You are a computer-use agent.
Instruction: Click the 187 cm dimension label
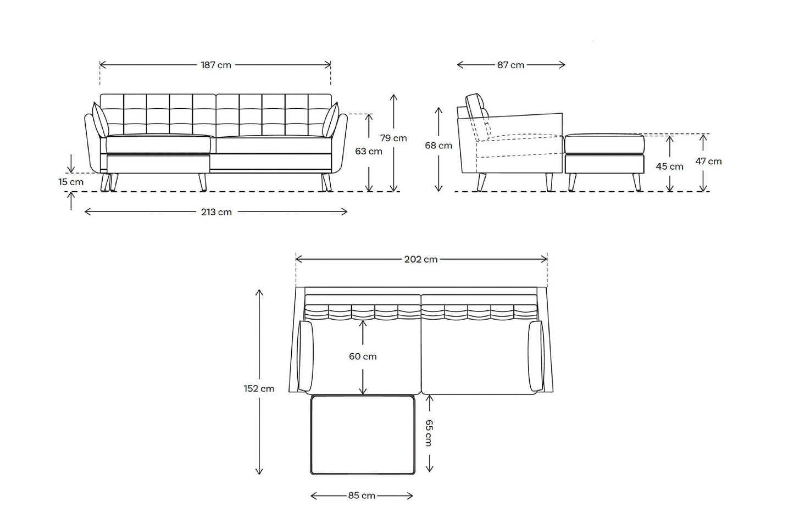tap(216, 65)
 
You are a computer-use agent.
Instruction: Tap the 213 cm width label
tap(216, 212)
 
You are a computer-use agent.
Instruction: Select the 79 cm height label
tap(393, 138)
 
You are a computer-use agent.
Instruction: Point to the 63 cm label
tap(369, 151)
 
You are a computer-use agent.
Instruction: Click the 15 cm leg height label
tap(71, 182)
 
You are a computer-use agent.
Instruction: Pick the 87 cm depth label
tap(510, 65)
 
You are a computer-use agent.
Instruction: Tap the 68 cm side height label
tap(438, 146)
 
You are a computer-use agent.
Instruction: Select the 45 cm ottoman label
tap(670, 166)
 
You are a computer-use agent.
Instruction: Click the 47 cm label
tap(708, 162)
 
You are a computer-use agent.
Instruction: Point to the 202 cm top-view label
tap(421, 259)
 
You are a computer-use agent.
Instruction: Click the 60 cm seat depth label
tap(363, 357)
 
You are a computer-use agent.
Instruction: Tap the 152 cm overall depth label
tap(259, 389)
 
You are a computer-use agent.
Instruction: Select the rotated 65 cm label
tap(429, 433)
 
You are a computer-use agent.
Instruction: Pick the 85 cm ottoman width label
tap(362, 495)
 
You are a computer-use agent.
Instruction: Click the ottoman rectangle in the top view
tap(363, 435)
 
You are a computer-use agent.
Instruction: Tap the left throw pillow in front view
tap(101, 121)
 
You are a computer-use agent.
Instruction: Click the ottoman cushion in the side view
tap(604, 143)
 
